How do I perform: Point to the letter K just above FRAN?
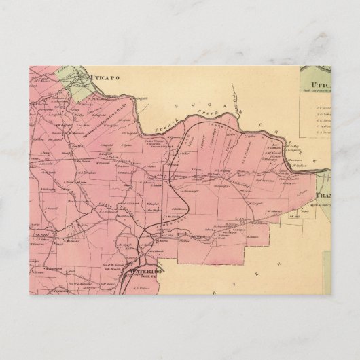point(314,161)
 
